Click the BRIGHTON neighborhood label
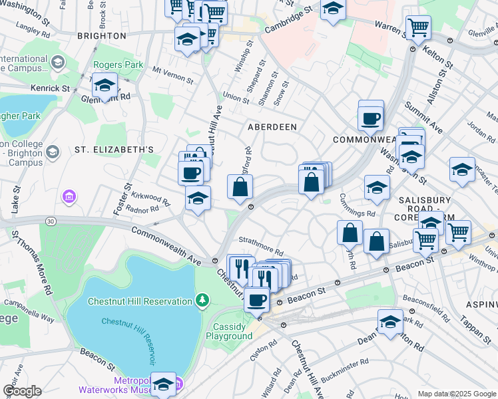pyautogui.click(x=101, y=35)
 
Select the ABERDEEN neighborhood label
pyautogui.click(x=272, y=126)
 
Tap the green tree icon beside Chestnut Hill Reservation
pyautogui.click(x=202, y=301)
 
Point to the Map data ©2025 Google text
pyautogui.click(x=456, y=394)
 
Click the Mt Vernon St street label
pyautogui.click(x=172, y=74)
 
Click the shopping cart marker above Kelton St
pyautogui.click(x=418, y=28)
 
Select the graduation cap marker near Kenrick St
pyautogui.click(x=105, y=86)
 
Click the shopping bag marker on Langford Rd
pyautogui.click(x=240, y=188)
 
